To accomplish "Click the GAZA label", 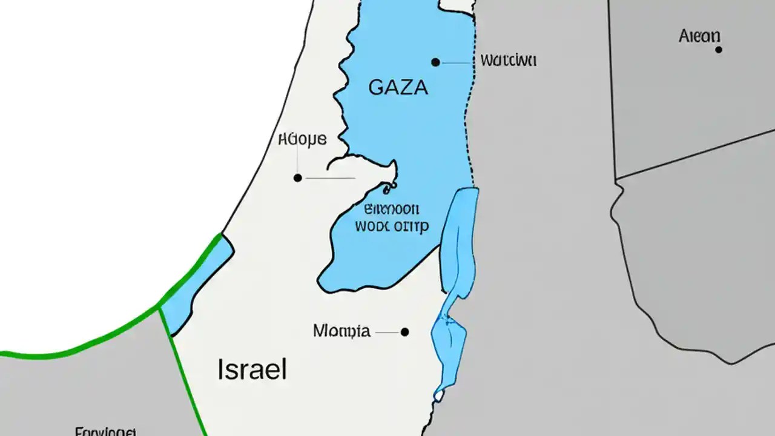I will (398, 87).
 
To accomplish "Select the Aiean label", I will (699, 36).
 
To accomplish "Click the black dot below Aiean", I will (719, 50).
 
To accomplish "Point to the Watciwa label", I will (508, 61).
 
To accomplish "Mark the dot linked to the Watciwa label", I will (435, 62).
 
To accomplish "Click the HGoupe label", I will (302, 140).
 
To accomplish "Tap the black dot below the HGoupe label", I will (297, 178).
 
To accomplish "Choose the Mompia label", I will (341, 331).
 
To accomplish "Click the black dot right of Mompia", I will (404, 332).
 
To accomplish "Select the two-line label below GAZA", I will (391, 218).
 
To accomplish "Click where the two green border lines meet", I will (159, 306).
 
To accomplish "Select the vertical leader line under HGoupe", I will (297, 160).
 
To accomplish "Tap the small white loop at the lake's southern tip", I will (438, 395).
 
